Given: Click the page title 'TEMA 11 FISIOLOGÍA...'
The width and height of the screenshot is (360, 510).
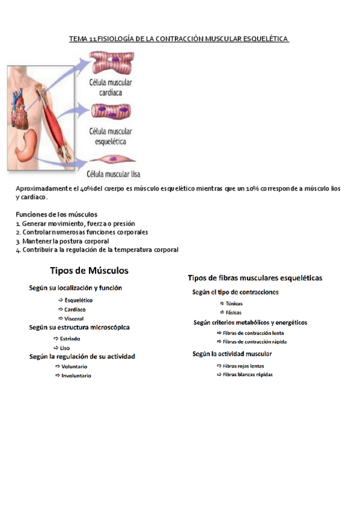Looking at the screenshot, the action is click(179, 39).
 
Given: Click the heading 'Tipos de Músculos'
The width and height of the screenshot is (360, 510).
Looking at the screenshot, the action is click(89, 271).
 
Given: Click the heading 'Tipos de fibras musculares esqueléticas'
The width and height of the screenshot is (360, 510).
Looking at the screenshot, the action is click(255, 278).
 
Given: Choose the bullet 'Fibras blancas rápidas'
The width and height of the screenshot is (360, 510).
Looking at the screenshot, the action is click(248, 374).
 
